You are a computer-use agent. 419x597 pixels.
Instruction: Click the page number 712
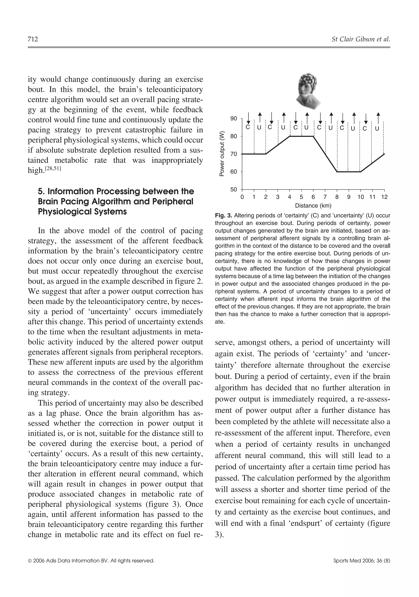33,39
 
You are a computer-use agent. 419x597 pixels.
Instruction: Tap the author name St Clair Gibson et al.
361,39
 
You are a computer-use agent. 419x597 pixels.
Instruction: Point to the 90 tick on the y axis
234,119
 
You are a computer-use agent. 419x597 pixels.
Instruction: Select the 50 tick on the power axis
234,189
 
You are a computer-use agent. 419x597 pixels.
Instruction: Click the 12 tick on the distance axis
384,197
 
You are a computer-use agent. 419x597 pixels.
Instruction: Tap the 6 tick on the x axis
313,197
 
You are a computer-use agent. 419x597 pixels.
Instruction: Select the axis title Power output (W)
222,154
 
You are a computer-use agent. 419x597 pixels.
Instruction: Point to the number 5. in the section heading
41,192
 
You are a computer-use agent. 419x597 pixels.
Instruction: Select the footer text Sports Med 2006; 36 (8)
362,568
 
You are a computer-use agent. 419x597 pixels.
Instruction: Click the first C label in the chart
248,127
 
